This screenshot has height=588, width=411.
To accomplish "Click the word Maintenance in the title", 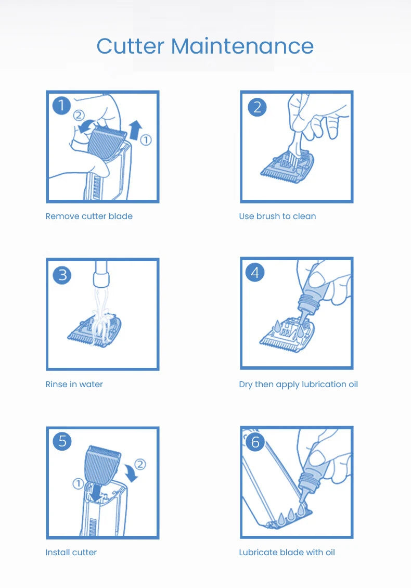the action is pos(242,46).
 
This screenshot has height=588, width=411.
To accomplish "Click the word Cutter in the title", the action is pos(131,46).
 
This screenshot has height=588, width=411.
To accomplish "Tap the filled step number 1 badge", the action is pos(61,106).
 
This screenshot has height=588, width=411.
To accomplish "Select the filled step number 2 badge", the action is pos(257,107).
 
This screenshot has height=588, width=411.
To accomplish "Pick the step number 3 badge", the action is pos(62,275).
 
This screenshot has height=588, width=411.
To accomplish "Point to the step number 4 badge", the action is pos(255,273).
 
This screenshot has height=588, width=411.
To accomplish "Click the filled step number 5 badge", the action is pos(62,441).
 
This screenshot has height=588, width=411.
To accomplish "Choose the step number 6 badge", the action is pos(255,442).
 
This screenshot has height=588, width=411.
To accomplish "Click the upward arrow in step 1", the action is pos(135,130).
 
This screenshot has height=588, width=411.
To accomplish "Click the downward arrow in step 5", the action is pos(97,492).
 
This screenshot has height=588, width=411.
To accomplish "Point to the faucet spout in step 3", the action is pos(101,274).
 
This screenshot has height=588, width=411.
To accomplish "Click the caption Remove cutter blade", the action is pos(89,216).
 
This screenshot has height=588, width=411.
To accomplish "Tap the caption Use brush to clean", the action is pos(277,216).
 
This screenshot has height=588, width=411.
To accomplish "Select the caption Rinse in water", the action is pos(74,384).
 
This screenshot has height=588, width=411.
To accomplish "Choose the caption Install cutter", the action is pos(71,552).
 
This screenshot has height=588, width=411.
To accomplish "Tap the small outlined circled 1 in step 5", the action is pos(78,484).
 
